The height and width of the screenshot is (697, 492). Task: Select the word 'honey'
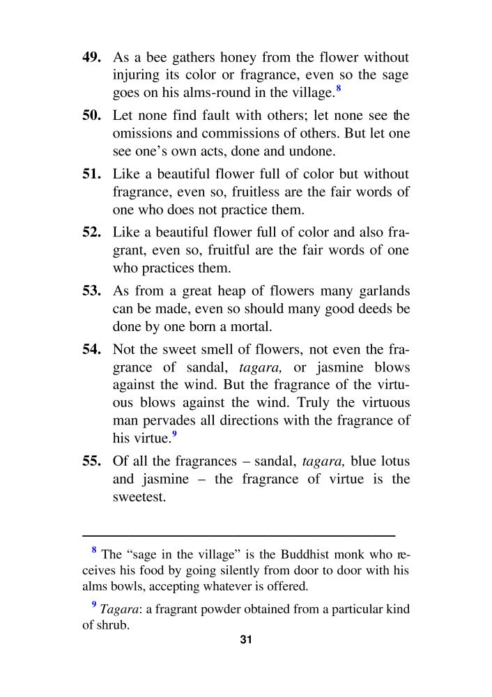pyautogui.click(x=247, y=57)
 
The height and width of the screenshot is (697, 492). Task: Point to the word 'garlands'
pyautogui.click(x=383, y=290)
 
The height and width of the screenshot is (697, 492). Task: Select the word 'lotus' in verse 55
pyautogui.click(x=393, y=461)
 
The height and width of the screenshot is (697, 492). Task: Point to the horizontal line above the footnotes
pyautogui.click(x=238, y=535)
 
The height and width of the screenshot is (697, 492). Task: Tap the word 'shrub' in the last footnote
pyautogui.click(x=112, y=625)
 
